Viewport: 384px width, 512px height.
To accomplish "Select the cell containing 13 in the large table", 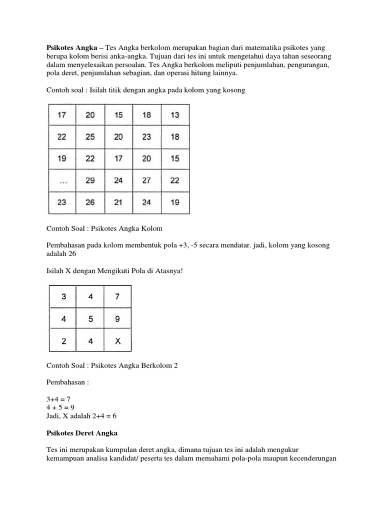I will pyautogui.click(x=174, y=115).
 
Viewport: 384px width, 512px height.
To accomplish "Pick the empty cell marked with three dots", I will pyautogui.click(x=62, y=181).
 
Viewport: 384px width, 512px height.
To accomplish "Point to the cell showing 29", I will pyautogui.click(x=90, y=181).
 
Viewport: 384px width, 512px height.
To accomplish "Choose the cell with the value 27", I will pyautogui.click(x=146, y=181).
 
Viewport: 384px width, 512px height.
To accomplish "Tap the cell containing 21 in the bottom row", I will pyautogui.click(x=118, y=203).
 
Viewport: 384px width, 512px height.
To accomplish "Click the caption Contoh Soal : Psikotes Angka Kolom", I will pyautogui.click(x=104, y=228).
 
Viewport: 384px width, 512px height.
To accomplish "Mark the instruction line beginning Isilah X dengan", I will pyautogui.click(x=114, y=271).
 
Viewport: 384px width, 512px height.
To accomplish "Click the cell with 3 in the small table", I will pyautogui.click(x=63, y=296).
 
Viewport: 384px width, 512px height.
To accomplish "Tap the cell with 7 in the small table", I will pyautogui.click(x=117, y=296).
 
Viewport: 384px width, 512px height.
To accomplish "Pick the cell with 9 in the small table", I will pyautogui.click(x=117, y=319).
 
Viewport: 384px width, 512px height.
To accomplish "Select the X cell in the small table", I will pyautogui.click(x=117, y=341).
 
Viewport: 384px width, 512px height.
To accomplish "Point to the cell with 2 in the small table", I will pyautogui.click(x=63, y=341).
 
